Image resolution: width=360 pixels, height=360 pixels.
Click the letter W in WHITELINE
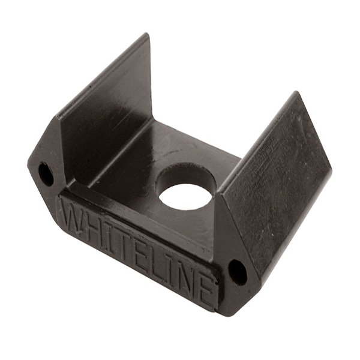pyautogui.click(x=73, y=215)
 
